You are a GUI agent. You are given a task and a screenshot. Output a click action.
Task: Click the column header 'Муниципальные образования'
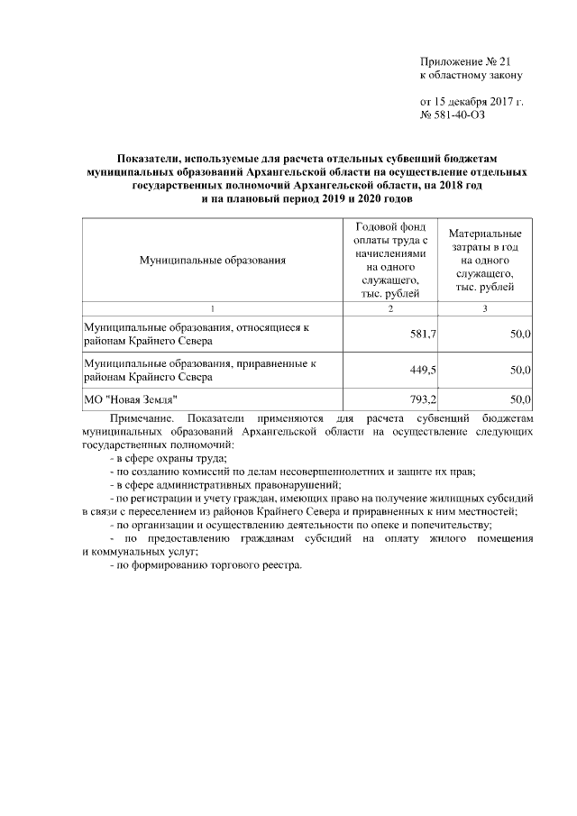(212, 261)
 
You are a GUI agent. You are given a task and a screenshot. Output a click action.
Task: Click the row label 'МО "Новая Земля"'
(131, 399)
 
